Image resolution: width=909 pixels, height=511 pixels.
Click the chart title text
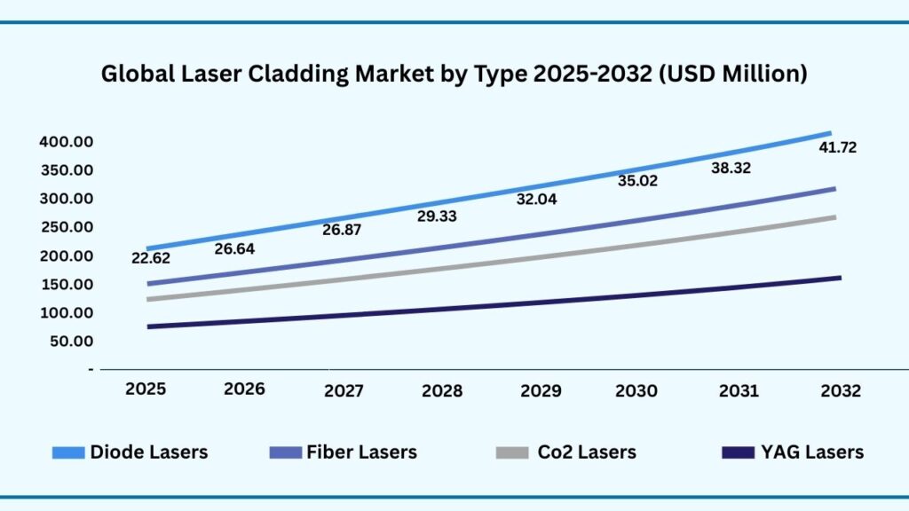click(x=454, y=75)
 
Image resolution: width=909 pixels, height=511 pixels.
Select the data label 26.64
click(x=234, y=248)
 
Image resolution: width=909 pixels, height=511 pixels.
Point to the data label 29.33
click(x=439, y=216)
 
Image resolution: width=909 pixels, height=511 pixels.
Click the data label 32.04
click(x=536, y=200)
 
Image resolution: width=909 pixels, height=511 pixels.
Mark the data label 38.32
click(x=730, y=167)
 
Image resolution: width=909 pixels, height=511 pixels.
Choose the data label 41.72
click(x=837, y=147)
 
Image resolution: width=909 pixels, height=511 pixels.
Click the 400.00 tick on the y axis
click(x=67, y=142)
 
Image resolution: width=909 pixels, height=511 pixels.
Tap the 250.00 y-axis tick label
click(x=67, y=227)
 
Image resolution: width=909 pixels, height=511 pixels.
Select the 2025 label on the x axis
click(x=145, y=390)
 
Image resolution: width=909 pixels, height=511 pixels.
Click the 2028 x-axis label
click(x=441, y=391)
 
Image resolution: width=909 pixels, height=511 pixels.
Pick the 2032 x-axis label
click(x=839, y=391)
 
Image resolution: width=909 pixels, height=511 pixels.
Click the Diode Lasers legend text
click(x=148, y=452)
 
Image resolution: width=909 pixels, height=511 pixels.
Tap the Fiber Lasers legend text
click(x=361, y=452)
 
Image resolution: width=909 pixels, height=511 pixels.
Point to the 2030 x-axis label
click(x=636, y=391)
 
